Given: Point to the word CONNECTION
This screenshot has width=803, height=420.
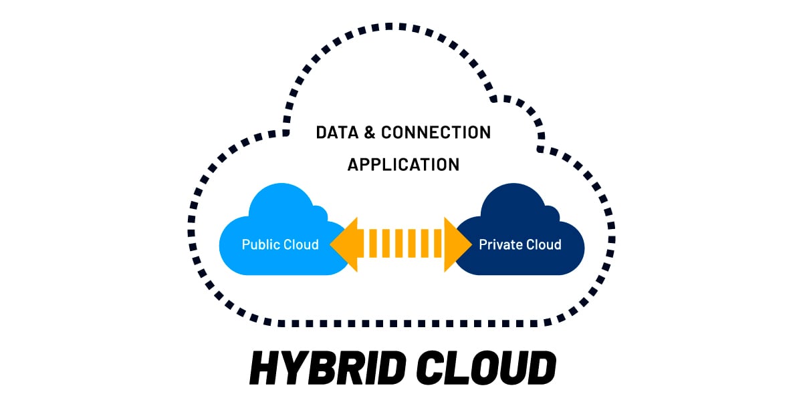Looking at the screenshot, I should point(435,132).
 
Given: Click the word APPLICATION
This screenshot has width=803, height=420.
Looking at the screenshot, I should point(403,164).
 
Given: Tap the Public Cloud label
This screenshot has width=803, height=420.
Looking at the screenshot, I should point(280,244).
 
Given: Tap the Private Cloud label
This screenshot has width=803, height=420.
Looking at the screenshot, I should point(520,244).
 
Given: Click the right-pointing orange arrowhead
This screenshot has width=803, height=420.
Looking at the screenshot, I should point(456,244).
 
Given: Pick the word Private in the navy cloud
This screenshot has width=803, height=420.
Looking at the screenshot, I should point(498,244).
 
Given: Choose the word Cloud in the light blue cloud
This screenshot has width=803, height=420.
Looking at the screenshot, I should point(300,244).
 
